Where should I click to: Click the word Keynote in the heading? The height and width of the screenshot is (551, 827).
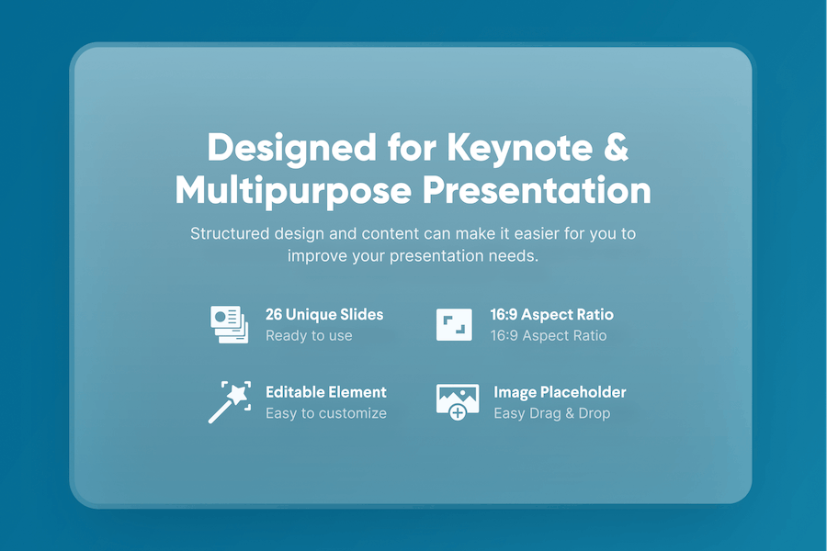519,148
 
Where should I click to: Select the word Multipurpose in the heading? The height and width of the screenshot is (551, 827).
293,191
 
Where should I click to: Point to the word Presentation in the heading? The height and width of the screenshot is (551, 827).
537,190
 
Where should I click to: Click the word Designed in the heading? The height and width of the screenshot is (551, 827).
292,148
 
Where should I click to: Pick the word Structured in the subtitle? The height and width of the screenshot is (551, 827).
230,233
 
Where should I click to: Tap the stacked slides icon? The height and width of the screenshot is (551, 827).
230,324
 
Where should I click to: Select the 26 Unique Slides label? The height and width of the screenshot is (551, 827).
324,315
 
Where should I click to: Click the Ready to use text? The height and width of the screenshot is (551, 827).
309,336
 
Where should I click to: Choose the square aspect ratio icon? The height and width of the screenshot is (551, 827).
454,324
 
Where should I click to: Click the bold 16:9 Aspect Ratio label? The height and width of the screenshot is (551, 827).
551,315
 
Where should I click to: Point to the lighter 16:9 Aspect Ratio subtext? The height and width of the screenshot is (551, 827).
549,336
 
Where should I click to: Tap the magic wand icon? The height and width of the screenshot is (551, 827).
230,402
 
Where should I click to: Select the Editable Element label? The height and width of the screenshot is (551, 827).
326,392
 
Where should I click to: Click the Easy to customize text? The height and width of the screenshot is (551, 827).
326,413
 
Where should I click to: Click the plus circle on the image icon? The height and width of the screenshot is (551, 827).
458,413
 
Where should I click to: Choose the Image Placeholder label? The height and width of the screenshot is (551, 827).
560,392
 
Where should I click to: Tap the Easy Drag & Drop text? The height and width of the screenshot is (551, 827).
551,413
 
